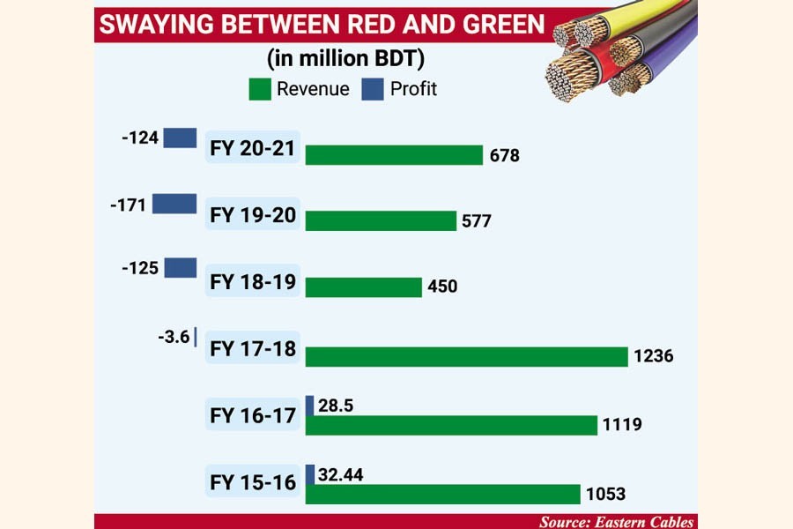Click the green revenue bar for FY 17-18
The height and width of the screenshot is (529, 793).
click(x=466, y=356)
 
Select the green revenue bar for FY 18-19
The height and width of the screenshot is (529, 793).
click(x=364, y=287)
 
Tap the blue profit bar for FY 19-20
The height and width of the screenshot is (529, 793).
click(x=174, y=204)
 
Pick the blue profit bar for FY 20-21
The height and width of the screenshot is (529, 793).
click(x=180, y=138)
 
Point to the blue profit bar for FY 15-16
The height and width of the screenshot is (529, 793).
click(x=310, y=474)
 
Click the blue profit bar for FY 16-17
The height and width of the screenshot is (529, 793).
click(x=310, y=406)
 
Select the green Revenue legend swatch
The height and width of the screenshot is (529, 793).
click(x=260, y=89)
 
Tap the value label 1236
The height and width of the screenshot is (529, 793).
click(x=653, y=356)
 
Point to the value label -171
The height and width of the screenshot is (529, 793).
click(x=129, y=205)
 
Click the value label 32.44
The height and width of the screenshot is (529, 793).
click(x=342, y=475)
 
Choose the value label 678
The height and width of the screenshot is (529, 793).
click(x=505, y=156)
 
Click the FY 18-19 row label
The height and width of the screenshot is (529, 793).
click(x=252, y=284)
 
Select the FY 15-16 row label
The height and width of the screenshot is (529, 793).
click(x=252, y=482)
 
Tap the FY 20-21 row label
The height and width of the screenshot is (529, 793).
click(x=252, y=148)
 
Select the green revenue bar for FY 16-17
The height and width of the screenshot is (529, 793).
click(x=451, y=425)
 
